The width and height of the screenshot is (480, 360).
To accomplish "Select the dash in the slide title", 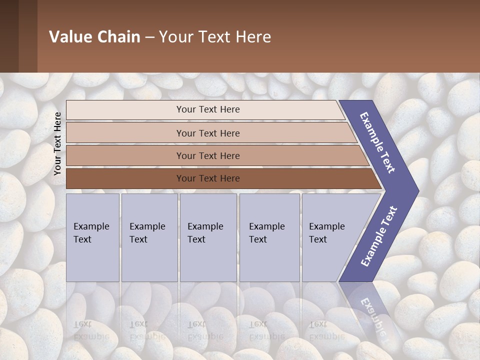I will coord(149,37).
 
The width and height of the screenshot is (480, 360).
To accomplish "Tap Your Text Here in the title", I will coord(215,37).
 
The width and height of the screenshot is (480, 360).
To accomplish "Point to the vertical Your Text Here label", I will coord(57,143).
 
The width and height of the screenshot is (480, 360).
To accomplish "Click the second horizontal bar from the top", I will coord(207,133).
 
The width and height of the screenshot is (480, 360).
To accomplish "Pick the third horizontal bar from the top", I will coord(207,156).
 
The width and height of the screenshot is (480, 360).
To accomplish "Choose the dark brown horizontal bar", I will coord(207,178).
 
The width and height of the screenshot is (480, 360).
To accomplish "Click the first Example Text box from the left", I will coord(92,237).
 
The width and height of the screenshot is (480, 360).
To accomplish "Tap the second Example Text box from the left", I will coord(149,237).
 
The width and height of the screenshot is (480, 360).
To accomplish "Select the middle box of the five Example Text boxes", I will coord(208,237).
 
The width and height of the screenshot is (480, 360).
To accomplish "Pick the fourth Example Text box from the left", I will coord(269,237).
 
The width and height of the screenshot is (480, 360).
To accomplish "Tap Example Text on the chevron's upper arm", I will coord(377,142).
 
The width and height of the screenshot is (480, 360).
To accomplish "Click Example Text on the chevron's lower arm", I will coord(379,236).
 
